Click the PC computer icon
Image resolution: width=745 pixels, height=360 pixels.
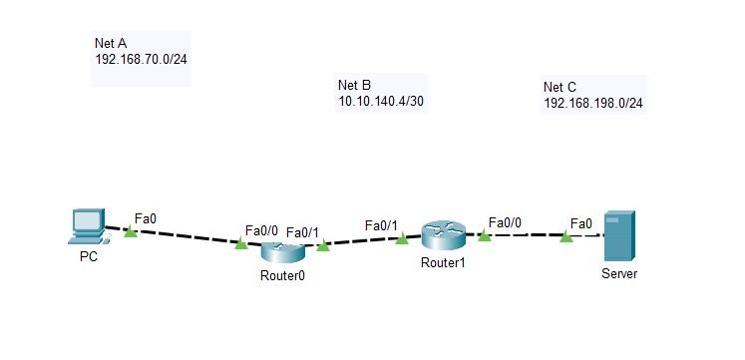pos(87,226)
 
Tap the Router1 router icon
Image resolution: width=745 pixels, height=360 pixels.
pos(443,236)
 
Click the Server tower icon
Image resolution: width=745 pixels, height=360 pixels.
pos(618,236)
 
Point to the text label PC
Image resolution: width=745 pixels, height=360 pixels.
pos(89,256)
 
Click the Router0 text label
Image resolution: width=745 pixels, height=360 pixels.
pos(281,275)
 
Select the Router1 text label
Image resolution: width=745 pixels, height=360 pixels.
pos(443,263)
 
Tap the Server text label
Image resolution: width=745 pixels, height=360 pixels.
pos(619,273)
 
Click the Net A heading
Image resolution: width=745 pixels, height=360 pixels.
pos(111,44)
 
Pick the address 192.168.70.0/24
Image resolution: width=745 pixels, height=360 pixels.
pos(141,60)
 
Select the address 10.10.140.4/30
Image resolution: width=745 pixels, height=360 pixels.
pos(382,101)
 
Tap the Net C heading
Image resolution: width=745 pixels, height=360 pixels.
pos(559,87)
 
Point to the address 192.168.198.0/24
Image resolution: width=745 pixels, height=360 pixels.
pos(593,103)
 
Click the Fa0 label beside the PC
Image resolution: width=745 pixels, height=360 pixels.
pos(146,217)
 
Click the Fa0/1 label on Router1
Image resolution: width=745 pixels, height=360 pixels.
pos(381,225)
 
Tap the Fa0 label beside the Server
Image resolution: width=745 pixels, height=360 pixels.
pos(581,222)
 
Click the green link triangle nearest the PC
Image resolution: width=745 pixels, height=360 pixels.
pos(131,231)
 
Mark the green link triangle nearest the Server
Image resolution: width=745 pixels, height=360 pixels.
pos(566,236)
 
